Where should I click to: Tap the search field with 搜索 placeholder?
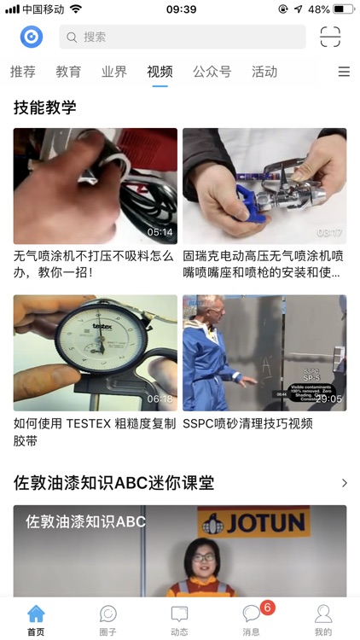(182, 37)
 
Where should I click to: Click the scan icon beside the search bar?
(330, 37)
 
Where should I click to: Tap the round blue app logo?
(32, 37)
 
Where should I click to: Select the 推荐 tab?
(23, 72)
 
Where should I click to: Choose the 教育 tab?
(68, 72)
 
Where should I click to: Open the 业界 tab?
(113, 72)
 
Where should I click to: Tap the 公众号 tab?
(212, 72)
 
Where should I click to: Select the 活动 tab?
(264, 72)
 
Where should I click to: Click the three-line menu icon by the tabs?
(344, 73)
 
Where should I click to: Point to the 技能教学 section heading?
(45, 108)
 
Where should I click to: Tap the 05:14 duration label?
(160, 232)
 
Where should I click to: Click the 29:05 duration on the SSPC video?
(328, 399)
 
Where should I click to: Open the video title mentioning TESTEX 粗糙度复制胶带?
(95, 432)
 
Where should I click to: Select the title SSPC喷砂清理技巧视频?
(247, 423)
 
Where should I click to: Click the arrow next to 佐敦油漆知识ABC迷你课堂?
(344, 483)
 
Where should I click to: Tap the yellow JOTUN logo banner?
(253, 521)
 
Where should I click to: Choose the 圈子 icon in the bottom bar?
(108, 620)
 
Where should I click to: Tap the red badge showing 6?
(267, 608)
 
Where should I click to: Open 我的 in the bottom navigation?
(323, 620)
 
